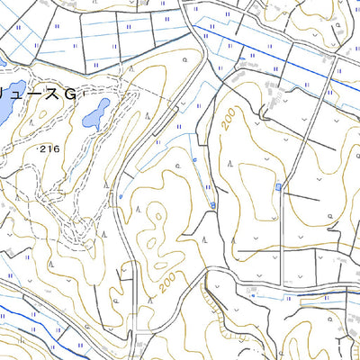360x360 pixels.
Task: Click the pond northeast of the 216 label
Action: tap(95, 112)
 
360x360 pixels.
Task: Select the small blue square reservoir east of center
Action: tap(278, 187)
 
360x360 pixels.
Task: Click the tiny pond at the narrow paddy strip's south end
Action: tap(212, 206)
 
